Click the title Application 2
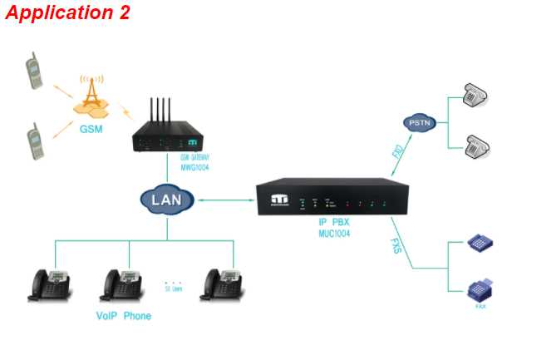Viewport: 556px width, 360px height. pyautogui.click(x=67, y=13)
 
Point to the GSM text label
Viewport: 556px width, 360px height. pyautogui.click(x=91, y=130)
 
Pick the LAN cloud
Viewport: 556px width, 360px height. pyautogui.click(x=167, y=200)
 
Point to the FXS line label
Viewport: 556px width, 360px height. pyautogui.click(x=398, y=246)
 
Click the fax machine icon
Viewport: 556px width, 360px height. pyautogui.click(x=480, y=290)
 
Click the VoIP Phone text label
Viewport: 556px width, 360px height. pyautogui.click(x=124, y=316)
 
